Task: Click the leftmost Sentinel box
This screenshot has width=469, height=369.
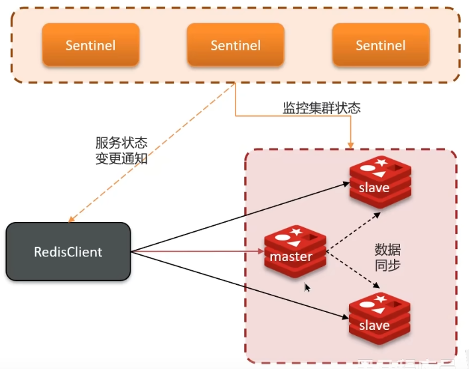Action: pos(90,45)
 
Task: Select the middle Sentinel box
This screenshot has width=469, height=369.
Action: pos(235,45)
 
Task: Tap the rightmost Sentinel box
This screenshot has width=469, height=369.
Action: pos(380,45)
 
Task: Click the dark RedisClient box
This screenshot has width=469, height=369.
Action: pos(68,252)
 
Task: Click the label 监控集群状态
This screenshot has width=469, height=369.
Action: pos(322,108)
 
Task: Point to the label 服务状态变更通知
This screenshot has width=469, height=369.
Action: pos(121,150)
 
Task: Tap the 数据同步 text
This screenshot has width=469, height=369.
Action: pos(387,258)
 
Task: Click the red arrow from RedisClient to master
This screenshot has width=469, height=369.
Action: pos(199,252)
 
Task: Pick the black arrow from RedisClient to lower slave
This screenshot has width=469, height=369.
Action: pos(239,285)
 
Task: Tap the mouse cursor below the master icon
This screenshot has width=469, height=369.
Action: pos(306,288)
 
